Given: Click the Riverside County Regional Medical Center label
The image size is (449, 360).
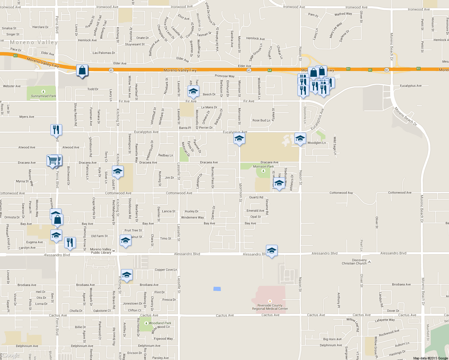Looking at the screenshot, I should (x=270, y=307).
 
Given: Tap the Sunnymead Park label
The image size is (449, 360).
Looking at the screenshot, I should (x=44, y=96).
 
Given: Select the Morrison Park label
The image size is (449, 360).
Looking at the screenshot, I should (x=263, y=166).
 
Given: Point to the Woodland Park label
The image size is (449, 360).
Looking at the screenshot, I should (x=160, y=323).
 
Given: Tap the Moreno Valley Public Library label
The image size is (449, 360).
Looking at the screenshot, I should (x=101, y=251).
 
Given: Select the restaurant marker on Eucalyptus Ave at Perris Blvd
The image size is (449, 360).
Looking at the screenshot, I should (x=56, y=130).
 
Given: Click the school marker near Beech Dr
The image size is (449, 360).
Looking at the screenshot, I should (x=193, y=91).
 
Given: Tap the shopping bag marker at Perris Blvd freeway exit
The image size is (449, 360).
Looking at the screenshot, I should (x=82, y=70).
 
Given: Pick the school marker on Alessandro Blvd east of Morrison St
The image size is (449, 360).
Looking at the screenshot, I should (x=271, y=250).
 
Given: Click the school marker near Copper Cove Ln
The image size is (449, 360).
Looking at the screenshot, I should (x=126, y=275).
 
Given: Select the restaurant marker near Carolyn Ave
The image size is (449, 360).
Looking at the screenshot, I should (x=70, y=242).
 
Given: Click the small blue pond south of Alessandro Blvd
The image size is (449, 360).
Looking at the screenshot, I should (x=217, y=289).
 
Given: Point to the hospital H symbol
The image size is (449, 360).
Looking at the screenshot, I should (x=270, y=301).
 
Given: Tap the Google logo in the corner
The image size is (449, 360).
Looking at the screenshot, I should (x=11, y=355).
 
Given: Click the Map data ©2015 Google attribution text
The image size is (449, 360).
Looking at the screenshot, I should (x=430, y=358).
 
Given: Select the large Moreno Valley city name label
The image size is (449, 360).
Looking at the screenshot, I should (x=34, y=43).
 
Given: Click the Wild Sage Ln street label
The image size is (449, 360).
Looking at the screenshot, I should (x=335, y=145).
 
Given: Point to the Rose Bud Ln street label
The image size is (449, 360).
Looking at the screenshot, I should (x=261, y=120).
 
